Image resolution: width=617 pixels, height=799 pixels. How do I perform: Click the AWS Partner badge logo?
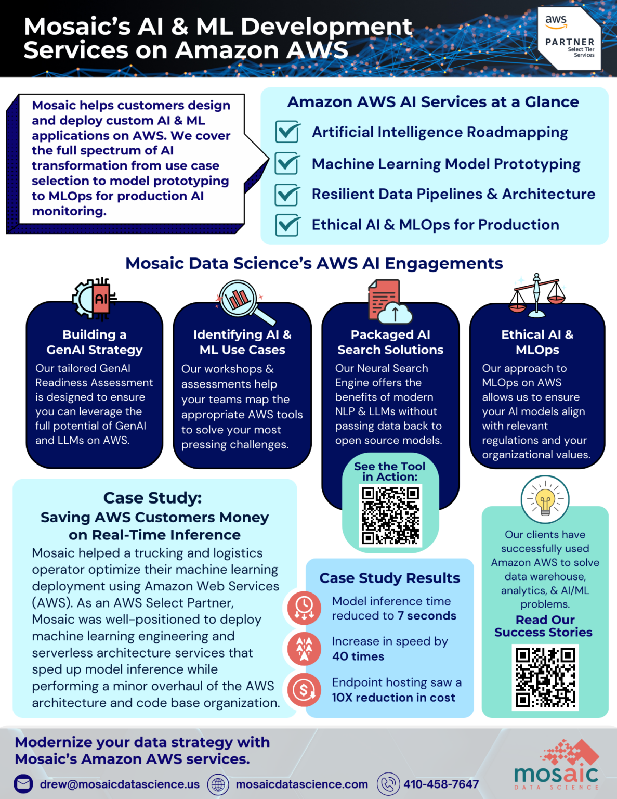tap(569, 38)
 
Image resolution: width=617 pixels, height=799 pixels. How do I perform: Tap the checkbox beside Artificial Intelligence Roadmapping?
tap(287, 132)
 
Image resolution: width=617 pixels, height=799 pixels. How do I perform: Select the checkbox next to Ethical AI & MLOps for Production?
tap(287, 225)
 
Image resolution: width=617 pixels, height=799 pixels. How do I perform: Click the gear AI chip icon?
tap(95, 299)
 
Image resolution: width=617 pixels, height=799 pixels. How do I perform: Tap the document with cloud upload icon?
tap(389, 302)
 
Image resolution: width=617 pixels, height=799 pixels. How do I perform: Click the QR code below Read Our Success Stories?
tap(545, 677)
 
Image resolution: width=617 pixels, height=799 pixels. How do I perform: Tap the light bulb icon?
tap(545, 500)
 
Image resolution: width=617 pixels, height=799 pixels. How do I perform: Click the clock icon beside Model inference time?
tap(304, 608)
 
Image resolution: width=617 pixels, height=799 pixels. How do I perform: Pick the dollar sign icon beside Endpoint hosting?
tap(304, 690)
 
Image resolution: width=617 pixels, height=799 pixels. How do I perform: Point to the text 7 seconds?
tap(427, 616)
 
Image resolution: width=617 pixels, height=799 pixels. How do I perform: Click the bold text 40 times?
tap(358, 656)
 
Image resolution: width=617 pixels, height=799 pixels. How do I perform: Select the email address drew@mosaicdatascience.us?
tap(120, 784)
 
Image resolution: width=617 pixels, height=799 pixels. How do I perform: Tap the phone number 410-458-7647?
tap(441, 784)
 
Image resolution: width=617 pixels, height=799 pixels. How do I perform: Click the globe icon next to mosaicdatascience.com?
tap(218, 784)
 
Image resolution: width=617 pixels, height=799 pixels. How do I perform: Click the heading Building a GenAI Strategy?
tap(95, 342)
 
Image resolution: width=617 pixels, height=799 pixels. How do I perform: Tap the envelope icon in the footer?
tap(23, 784)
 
